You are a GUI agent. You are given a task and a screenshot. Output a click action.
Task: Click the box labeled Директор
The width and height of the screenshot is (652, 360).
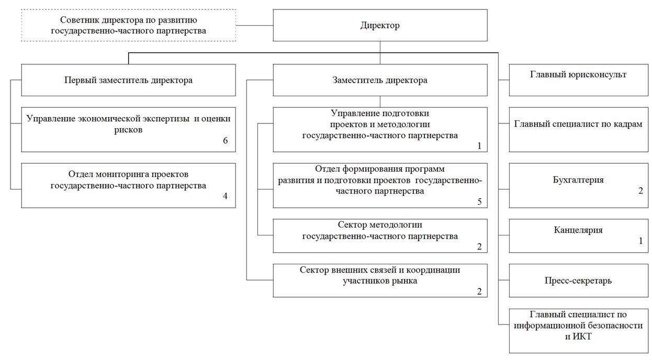click(x=380, y=25)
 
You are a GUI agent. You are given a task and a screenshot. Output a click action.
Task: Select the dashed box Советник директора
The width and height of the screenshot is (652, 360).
click(x=128, y=25)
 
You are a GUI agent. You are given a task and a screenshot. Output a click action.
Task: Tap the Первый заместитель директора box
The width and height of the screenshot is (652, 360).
click(x=128, y=80)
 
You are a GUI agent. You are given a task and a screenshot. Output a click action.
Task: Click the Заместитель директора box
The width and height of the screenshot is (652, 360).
click(x=380, y=80)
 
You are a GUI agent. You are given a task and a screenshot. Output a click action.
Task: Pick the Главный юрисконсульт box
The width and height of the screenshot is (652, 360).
click(x=579, y=80)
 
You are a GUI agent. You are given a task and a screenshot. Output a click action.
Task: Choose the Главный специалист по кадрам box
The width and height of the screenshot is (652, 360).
click(x=579, y=130)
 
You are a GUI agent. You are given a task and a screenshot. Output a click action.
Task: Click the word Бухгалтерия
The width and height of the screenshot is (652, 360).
click(x=578, y=180)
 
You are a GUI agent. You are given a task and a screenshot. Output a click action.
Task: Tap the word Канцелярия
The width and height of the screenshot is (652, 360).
click(x=578, y=230)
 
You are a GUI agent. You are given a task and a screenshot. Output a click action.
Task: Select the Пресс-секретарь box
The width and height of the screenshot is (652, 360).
click(x=579, y=280)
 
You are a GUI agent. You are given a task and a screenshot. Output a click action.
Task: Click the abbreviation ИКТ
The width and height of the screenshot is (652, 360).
click(x=582, y=336)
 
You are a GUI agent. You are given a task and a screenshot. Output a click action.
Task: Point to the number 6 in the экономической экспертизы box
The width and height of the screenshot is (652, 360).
click(x=226, y=141)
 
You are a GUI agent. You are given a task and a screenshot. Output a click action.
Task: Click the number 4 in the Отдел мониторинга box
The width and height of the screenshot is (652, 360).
click(x=226, y=196)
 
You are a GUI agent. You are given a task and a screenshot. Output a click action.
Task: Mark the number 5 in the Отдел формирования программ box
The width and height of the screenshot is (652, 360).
click(x=479, y=201)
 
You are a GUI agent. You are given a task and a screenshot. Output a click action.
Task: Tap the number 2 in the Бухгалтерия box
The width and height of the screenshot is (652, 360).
click(x=640, y=190)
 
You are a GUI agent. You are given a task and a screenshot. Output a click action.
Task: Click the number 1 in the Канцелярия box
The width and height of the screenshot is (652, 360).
click(x=640, y=241)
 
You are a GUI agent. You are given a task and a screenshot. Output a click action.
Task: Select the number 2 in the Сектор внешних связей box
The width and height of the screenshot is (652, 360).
click(x=479, y=291)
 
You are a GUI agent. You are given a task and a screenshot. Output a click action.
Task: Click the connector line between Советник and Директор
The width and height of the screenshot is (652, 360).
click(x=254, y=25)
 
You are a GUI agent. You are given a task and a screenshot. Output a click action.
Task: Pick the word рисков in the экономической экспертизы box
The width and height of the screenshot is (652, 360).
click(x=128, y=130)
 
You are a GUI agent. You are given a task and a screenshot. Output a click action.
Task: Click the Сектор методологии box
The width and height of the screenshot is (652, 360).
click(x=380, y=236)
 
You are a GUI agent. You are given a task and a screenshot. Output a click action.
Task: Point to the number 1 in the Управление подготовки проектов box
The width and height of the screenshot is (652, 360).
click(x=479, y=146)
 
